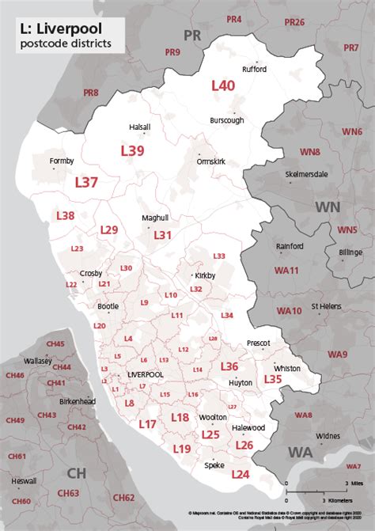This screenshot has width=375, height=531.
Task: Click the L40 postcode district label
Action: [222, 85]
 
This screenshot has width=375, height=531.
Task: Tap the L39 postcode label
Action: [132, 150]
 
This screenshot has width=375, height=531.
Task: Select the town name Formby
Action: [61, 161]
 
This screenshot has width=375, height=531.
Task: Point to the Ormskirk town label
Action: [210, 161]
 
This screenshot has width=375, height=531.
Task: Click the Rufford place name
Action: [254, 69]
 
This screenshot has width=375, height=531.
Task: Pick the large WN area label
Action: [331, 207]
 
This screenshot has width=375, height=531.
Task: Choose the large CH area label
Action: [77, 473]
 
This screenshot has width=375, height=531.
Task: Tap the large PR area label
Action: [192, 35]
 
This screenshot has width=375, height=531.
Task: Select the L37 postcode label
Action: [86, 182]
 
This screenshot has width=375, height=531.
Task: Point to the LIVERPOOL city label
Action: [145, 374]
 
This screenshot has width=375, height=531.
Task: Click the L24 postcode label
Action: [241, 474]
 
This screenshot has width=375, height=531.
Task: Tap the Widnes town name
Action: [327, 436]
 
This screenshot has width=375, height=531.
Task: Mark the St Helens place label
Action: [325, 305]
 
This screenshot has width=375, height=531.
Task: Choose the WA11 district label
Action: [286, 271]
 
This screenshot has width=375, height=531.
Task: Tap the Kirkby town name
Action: [205, 275]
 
